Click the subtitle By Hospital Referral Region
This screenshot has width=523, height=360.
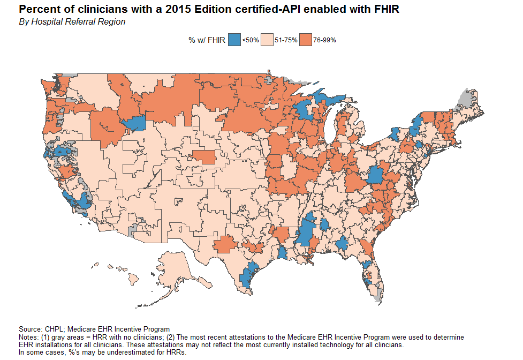tap(72, 22)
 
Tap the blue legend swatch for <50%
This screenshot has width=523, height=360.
tap(234, 40)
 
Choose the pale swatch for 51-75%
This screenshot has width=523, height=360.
tap(267, 40)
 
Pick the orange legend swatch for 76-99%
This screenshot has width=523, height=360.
tap(306, 40)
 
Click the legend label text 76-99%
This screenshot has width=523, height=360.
tap(324, 40)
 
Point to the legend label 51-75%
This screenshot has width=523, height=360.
tap(286, 40)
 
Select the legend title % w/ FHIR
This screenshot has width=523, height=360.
tap(206, 40)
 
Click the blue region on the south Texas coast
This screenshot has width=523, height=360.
tap(247, 276)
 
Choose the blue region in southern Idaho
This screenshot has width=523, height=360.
tap(134, 123)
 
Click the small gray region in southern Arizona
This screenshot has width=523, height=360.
tap(133, 230)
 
